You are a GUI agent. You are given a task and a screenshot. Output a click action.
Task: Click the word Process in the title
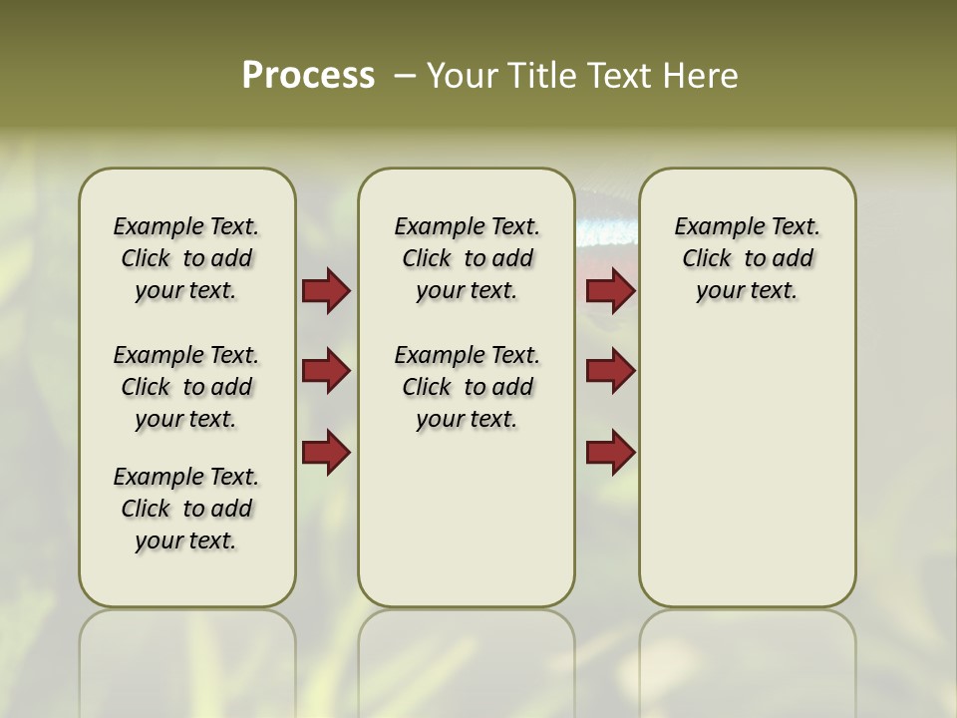tap(308, 76)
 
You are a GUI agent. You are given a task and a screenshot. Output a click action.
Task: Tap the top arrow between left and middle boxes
tap(326, 290)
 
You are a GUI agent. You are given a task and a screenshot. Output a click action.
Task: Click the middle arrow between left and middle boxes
tap(326, 371)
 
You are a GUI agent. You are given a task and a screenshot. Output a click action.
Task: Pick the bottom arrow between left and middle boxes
tap(326, 452)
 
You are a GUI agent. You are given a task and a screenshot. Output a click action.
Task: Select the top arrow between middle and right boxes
tap(611, 290)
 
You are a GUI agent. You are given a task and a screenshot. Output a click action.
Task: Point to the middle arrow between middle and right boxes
tap(611, 371)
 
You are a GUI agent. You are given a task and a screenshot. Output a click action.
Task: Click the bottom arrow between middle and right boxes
tap(611, 452)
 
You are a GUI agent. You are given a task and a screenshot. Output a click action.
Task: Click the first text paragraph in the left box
tap(186, 258)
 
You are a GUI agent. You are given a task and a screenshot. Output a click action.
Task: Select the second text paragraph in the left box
tap(186, 387)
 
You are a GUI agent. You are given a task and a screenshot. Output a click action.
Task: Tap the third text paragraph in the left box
tap(186, 509)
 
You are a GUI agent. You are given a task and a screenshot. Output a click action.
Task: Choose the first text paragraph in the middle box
tap(467, 258)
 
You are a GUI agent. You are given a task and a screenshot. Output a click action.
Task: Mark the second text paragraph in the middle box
tap(467, 387)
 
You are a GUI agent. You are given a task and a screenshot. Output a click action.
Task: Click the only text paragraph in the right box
tap(748, 258)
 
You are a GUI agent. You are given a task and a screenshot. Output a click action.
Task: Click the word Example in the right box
tap(710, 226)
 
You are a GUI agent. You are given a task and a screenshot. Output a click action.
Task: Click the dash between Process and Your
tap(404, 76)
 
